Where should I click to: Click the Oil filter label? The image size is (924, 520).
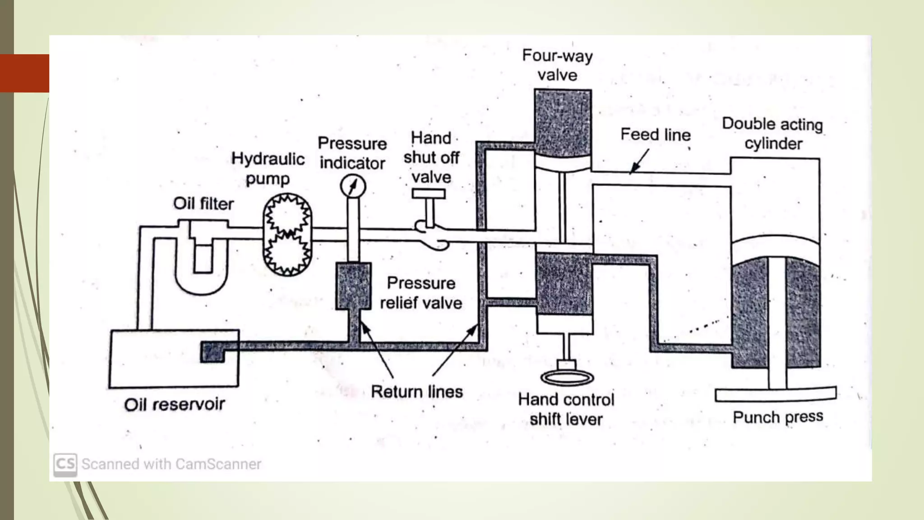(x=203, y=204)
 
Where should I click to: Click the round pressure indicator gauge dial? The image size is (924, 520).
(x=353, y=186)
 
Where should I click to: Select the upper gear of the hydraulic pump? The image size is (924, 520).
(x=287, y=215)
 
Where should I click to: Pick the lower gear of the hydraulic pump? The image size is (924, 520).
(x=287, y=253)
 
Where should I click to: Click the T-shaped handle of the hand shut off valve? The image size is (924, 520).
(x=429, y=194)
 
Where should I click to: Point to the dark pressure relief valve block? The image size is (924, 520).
(x=353, y=286)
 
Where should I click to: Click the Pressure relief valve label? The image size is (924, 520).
(x=421, y=293)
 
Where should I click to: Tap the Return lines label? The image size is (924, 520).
(x=416, y=392)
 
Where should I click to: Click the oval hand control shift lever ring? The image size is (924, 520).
(x=567, y=377)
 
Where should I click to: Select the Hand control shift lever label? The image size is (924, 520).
(x=566, y=409)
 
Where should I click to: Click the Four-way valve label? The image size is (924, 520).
(x=558, y=65)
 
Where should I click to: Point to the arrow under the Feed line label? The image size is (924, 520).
(x=639, y=162)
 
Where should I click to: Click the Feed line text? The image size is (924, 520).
(x=655, y=135)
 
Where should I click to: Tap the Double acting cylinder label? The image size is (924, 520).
(x=772, y=134)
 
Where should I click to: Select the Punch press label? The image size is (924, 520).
(x=778, y=417)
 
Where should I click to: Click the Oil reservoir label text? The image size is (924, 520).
(x=174, y=404)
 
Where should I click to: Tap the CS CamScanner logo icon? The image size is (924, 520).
(x=65, y=464)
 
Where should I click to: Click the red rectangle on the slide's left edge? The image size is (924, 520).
(x=25, y=73)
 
